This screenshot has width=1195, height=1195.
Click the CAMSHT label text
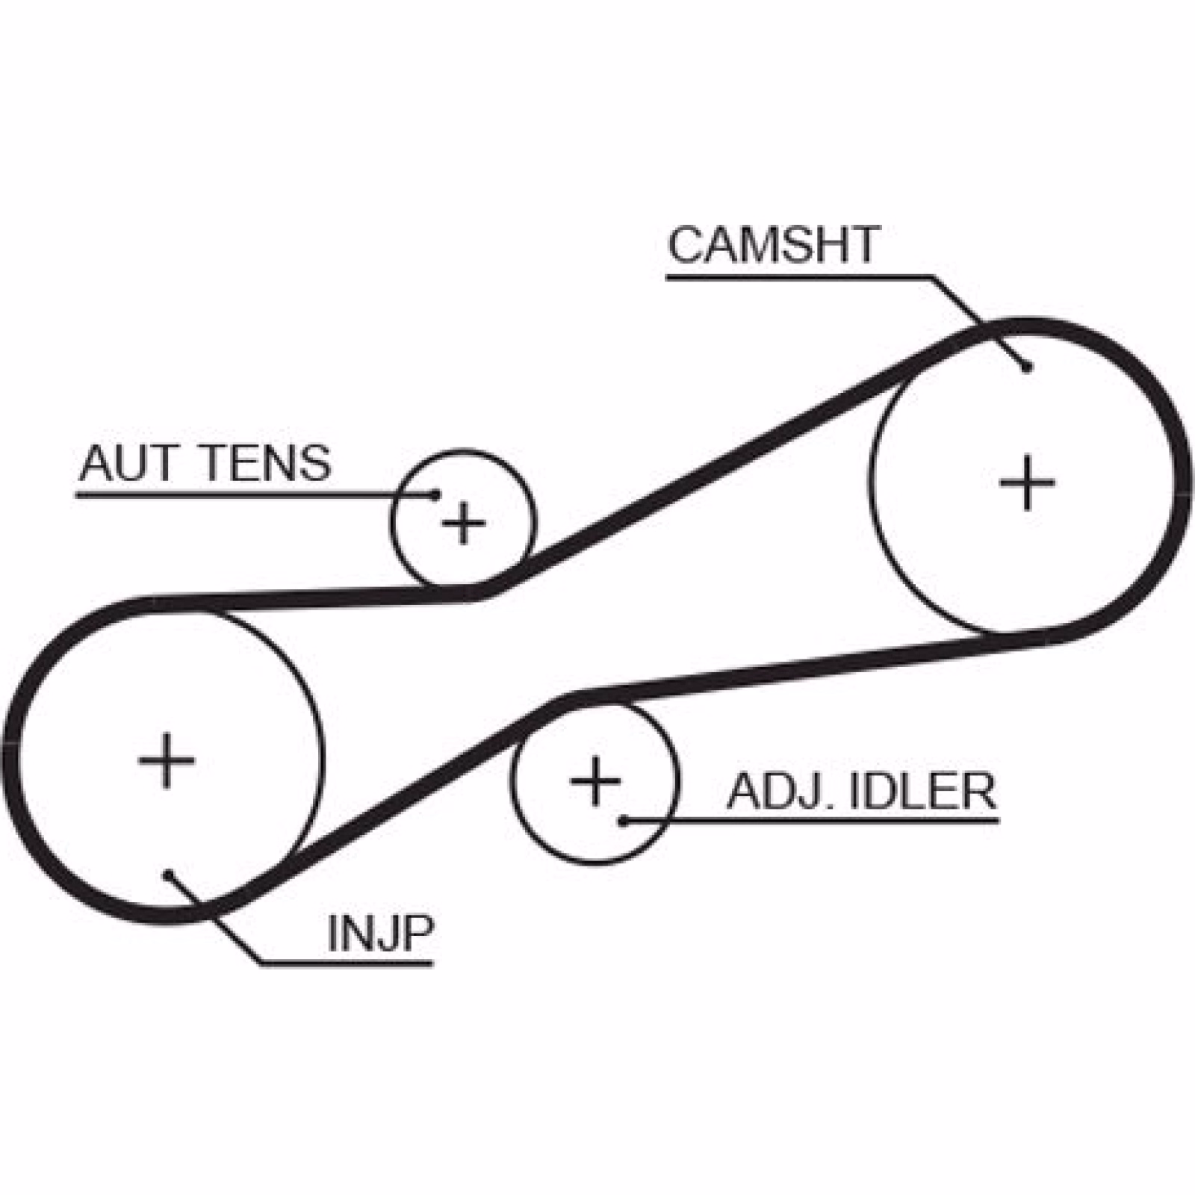(x=773, y=244)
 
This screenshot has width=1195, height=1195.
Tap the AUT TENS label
(x=205, y=463)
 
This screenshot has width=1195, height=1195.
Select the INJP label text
(x=380, y=933)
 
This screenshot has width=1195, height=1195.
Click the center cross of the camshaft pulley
(x=1027, y=482)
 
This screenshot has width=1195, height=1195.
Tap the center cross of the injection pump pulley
(x=167, y=760)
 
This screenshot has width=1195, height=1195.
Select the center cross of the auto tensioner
(x=464, y=522)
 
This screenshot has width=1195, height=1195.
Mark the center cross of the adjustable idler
(x=595, y=781)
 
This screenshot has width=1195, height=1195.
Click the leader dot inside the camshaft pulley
(x=1028, y=367)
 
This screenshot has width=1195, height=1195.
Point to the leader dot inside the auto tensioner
(x=435, y=494)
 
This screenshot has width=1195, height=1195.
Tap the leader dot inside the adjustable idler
(x=622, y=821)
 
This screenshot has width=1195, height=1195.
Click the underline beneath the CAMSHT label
(x=799, y=278)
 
